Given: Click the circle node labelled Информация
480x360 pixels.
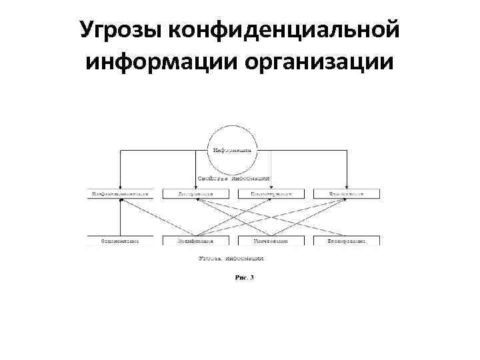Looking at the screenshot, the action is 232,149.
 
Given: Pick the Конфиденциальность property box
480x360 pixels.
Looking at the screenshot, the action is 120,194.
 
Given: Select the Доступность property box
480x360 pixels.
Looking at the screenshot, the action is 196,194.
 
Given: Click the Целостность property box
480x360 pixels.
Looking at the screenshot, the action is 347,194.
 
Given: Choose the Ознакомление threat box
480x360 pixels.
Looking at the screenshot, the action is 120,240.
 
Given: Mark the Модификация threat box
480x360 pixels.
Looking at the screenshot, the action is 196,240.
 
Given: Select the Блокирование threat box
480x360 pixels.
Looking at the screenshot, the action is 347,240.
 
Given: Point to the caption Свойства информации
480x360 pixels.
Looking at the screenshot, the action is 233,179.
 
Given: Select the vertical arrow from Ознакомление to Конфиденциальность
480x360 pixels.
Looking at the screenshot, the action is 120,217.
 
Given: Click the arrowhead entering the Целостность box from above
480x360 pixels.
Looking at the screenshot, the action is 347,187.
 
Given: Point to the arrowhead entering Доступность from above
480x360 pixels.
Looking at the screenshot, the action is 196,187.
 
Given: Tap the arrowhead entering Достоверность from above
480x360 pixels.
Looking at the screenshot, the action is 271,187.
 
